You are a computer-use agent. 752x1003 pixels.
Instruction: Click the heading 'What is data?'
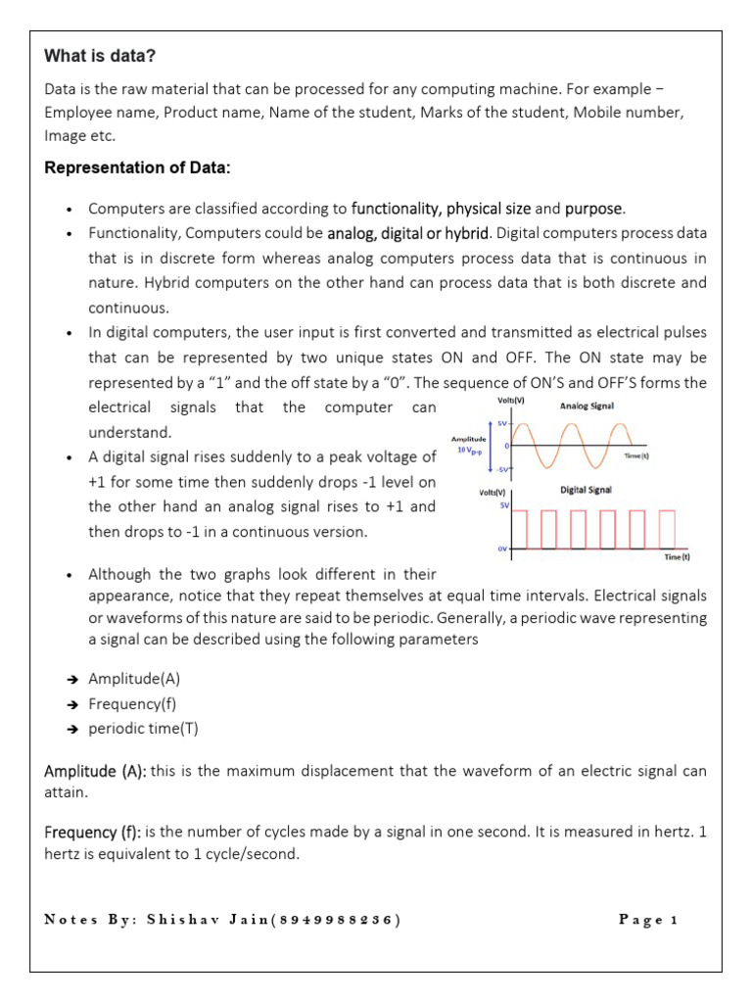pos(100,56)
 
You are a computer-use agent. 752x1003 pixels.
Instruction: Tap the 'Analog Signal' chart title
pos(588,405)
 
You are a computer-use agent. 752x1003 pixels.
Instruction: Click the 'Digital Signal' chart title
pos(587,490)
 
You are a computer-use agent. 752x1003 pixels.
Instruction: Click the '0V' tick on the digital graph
pos(502,549)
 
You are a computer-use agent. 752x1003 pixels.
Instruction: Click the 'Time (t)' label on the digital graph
pos(678,557)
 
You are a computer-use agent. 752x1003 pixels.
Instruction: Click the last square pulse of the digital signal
pos(668,529)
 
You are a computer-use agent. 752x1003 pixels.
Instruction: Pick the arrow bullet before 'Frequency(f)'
pos(73,704)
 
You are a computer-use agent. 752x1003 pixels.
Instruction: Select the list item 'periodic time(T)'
pos(143,729)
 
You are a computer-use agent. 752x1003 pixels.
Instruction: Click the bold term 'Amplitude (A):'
pos(95,771)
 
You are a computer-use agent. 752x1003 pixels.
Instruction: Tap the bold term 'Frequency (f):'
pos(93,832)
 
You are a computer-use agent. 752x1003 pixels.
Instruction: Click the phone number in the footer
pos(337,920)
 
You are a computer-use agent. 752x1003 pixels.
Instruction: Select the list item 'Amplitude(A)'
pos(134,679)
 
